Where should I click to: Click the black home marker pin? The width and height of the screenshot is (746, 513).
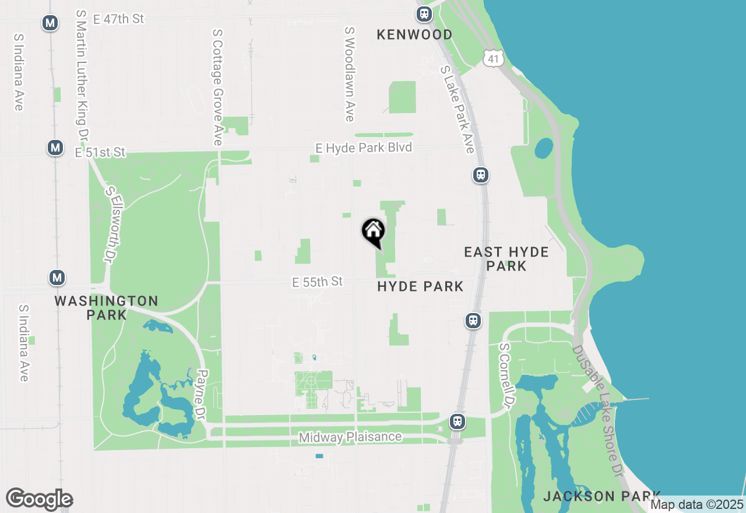(x=373, y=231)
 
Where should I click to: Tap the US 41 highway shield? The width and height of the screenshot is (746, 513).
(x=492, y=57)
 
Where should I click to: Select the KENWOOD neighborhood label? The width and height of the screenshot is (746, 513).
(x=414, y=35)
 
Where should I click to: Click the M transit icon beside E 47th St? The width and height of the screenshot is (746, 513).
(x=51, y=23)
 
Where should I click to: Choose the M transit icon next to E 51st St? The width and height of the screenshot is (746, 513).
(x=55, y=147)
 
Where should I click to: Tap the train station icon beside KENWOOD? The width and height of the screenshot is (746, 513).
(x=424, y=13)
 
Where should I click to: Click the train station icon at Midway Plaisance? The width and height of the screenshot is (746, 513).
(x=458, y=421)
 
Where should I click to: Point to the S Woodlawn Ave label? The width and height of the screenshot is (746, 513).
(x=350, y=74)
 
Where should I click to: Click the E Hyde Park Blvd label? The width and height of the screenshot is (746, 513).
(x=364, y=147)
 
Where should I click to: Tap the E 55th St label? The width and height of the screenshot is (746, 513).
(x=318, y=282)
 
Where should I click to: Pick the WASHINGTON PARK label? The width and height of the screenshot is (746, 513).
(x=106, y=308)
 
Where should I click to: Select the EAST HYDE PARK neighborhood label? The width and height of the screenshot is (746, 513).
(x=506, y=259)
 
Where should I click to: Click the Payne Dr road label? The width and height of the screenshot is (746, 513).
(x=202, y=396)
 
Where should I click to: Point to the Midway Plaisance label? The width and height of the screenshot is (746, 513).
(x=350, y=437)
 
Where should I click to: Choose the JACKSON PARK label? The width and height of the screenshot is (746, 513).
(x=601, y=497)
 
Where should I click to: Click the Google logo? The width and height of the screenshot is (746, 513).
(x=39, y=500)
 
